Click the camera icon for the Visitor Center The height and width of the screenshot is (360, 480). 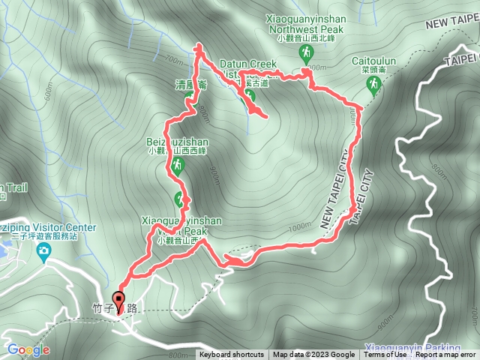coord(44,249)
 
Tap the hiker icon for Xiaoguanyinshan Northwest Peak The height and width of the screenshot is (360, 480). coord(306,52)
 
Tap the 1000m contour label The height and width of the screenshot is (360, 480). coord(298,227)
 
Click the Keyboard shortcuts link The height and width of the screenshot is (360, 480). coord(231,355)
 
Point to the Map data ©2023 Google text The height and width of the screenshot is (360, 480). coord(313,355)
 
